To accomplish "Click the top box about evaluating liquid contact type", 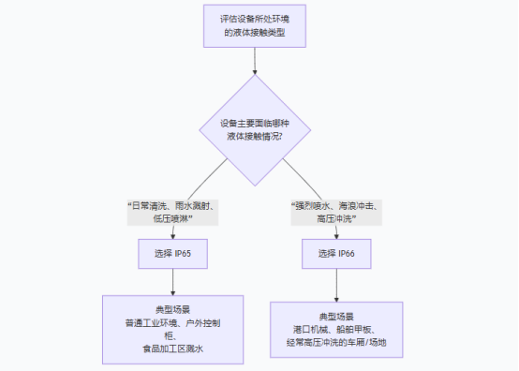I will [x=255, y=25].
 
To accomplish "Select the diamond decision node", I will [x=254, y=130].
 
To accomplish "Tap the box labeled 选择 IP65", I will [x=173, y=253].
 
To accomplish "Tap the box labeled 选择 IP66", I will [x=336, y=253].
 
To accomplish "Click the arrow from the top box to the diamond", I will [x=255, y=60].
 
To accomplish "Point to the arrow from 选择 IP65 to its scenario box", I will [x=173, y=281].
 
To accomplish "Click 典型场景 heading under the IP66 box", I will [x=336, y=317].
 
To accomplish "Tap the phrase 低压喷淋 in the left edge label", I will [x=172, y=218].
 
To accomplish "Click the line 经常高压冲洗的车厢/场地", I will [x=336, y=343].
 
